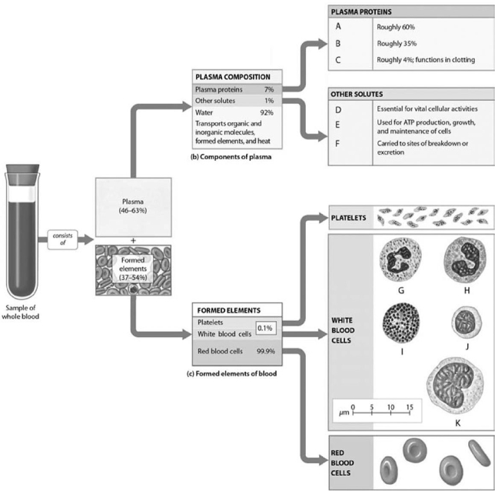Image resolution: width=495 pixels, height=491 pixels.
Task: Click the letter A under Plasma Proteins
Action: click(x=339, y=26)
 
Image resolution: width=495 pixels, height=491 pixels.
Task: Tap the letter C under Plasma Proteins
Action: click(x=339, y=59)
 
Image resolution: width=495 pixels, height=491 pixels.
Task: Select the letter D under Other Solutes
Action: click(x=339, y=108)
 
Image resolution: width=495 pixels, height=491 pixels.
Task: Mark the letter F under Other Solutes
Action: click(x=339, y=143)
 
